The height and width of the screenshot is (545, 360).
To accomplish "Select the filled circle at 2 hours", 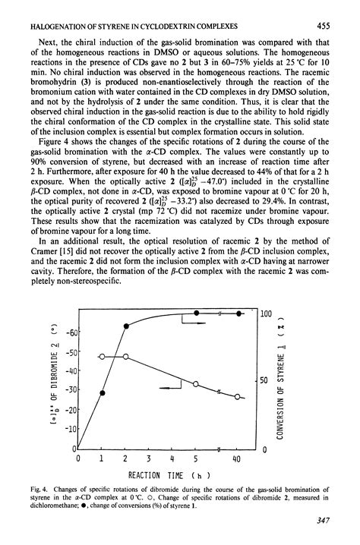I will coord(126,326).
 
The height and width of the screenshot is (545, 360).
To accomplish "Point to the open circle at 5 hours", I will coord(196,385).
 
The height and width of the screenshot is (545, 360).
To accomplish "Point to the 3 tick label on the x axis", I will coord(150,459).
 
